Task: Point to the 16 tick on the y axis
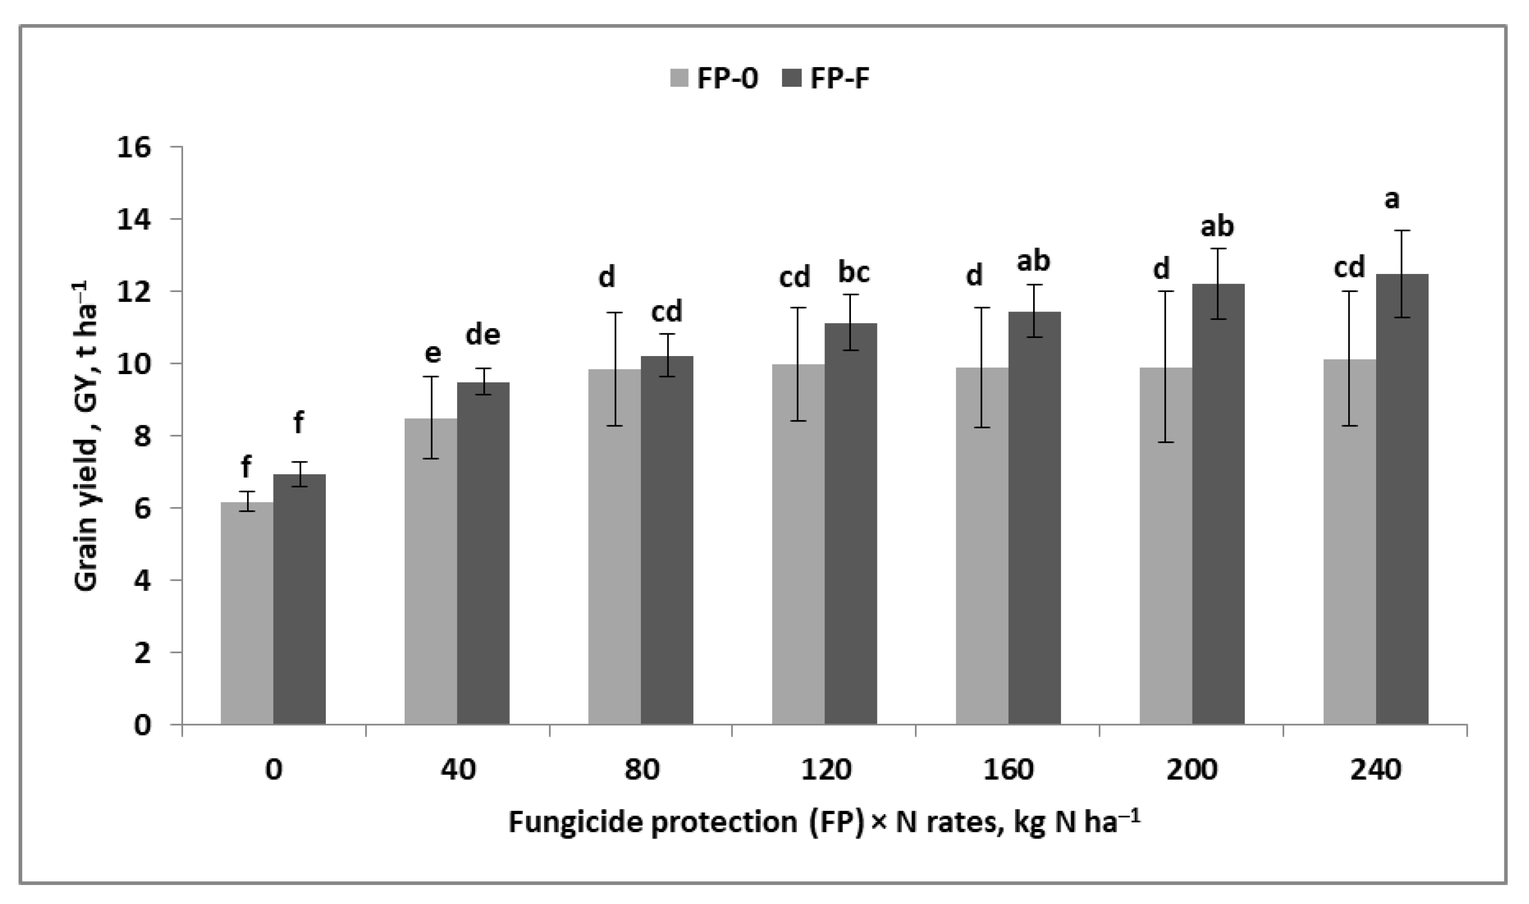133,147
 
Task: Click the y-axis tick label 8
142,436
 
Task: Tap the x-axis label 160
1009,770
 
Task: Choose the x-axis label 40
457,770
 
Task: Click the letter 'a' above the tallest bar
1392,199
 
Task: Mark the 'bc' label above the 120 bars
854,272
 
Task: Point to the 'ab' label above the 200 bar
1217,226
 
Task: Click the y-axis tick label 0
142,726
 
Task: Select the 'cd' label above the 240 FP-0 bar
1349,267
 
